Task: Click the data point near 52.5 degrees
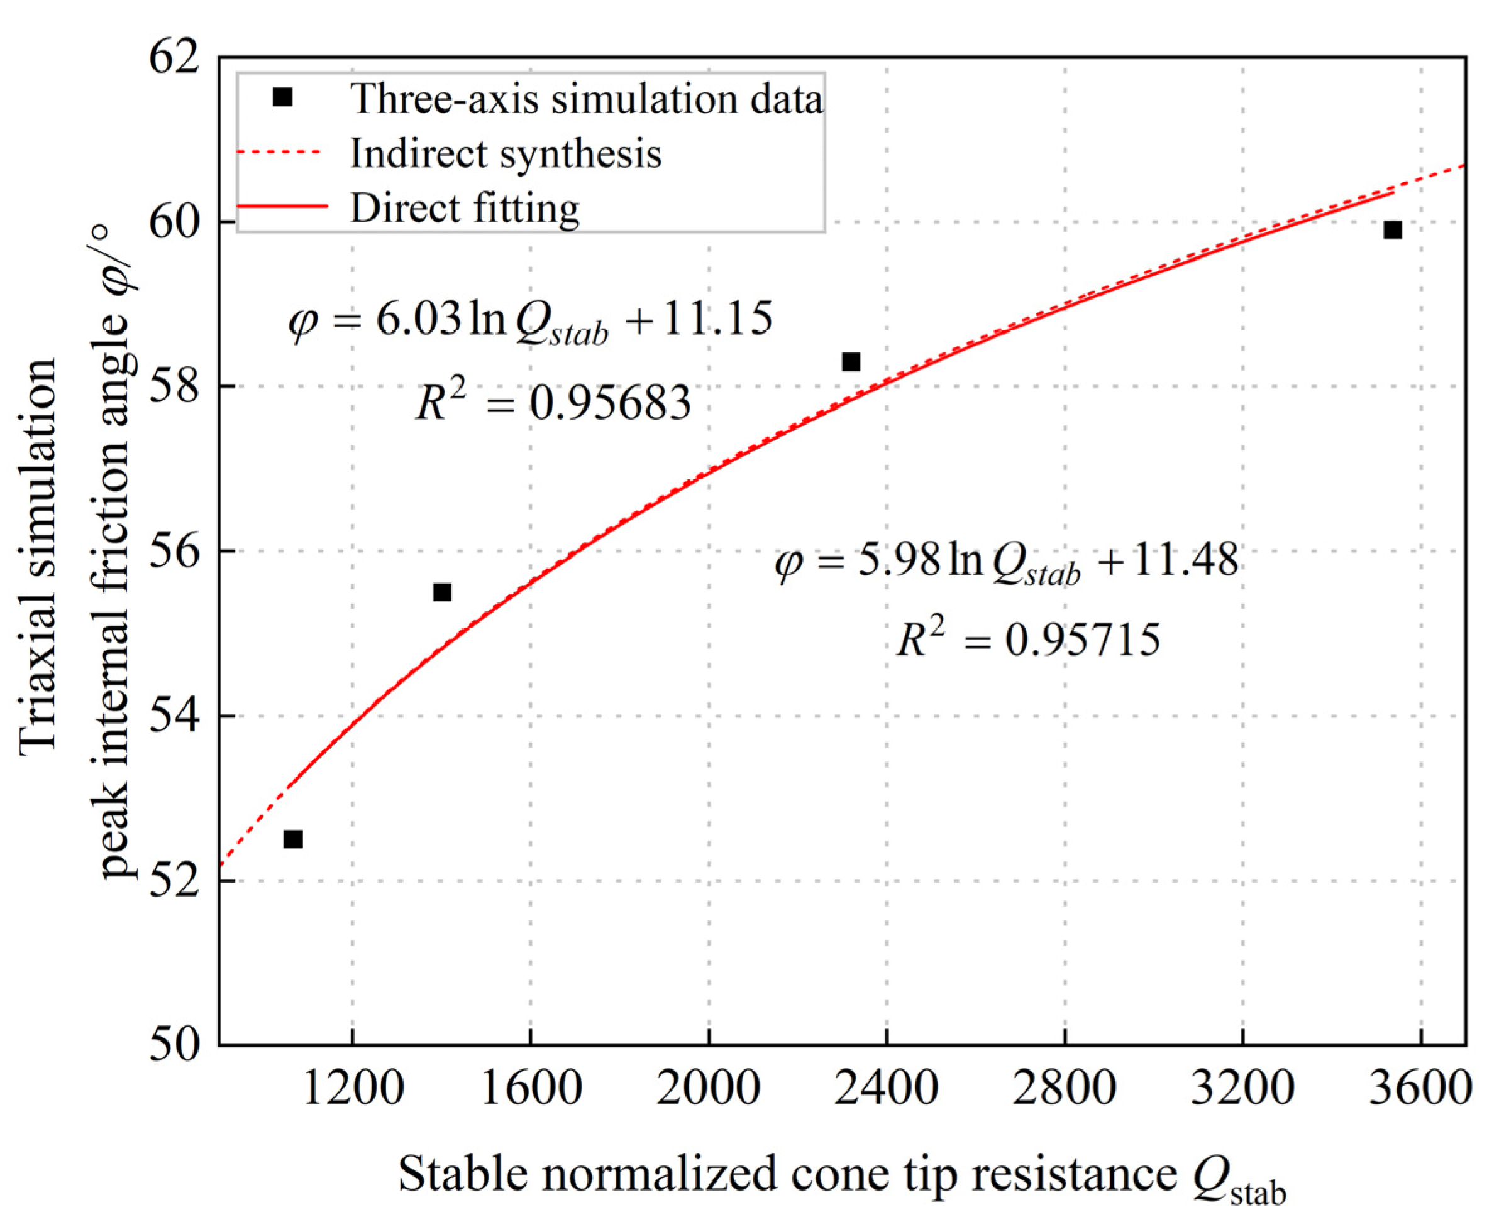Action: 293,839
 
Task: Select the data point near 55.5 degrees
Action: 441,592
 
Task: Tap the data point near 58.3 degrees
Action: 851,362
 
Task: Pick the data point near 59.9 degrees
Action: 1393,230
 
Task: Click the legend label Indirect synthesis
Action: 506,153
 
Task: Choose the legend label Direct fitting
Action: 465,208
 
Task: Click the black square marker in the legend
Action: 282,97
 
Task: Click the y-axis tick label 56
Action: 174,552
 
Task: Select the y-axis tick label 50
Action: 174,1045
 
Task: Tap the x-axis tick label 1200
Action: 353,1088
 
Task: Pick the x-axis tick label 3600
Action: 1420,1088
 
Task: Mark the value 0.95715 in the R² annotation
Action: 1082,640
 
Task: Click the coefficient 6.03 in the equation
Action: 418,319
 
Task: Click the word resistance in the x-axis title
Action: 1075,1175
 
